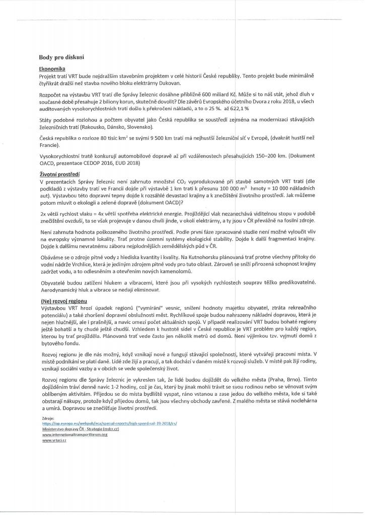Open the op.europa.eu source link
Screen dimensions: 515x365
[x=110, y=423]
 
